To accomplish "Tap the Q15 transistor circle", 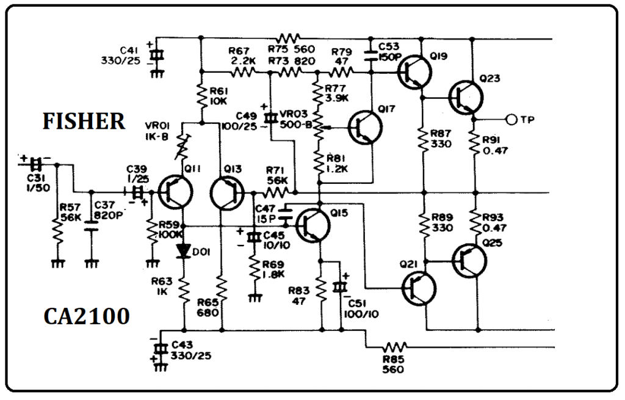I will (312, 224).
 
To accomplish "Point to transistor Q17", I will (365, 127).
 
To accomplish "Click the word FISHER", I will (84, 122).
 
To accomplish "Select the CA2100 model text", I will (86, 317).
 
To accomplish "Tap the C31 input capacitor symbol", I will (37, 164).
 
